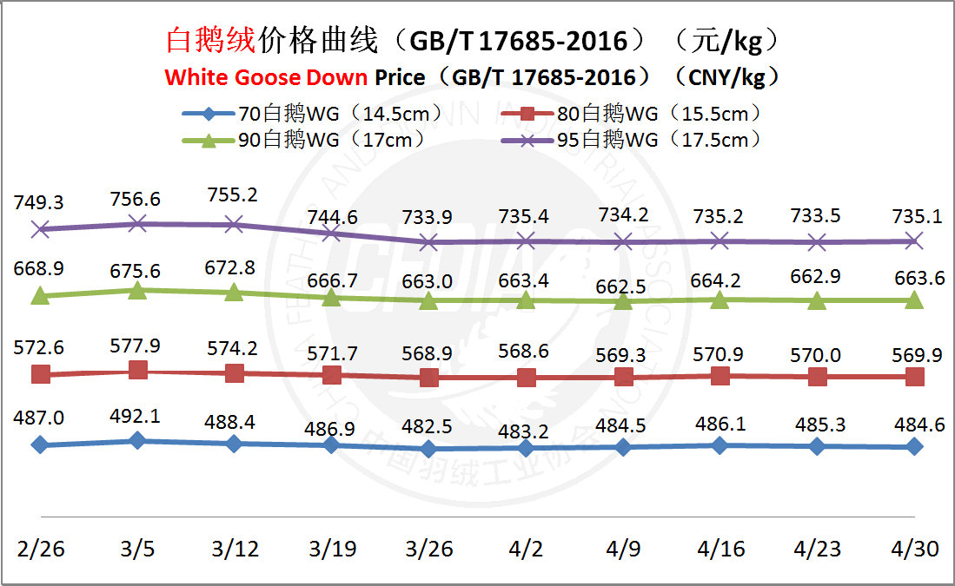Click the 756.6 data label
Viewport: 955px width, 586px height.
[x=136, y=200]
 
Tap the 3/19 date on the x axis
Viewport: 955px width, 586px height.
[x=331, y=550]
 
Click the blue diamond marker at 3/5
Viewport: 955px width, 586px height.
[x=136, y=441]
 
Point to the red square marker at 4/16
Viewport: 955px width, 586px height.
[x=720, y=375]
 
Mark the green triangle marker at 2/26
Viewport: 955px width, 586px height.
[x=39, y=296]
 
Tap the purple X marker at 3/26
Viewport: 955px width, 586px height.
[x=428, y=243]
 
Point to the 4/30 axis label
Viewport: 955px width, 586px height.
[x=914, y=550]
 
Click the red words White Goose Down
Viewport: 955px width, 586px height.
[x=266, y=77]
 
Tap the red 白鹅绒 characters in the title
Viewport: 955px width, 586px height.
[x=209, y=40]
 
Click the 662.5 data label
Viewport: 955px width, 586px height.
[x=623, y=287]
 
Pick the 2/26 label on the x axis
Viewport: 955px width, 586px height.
[x=39, y=550]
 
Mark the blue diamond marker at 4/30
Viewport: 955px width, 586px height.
[x=914, y=446]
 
